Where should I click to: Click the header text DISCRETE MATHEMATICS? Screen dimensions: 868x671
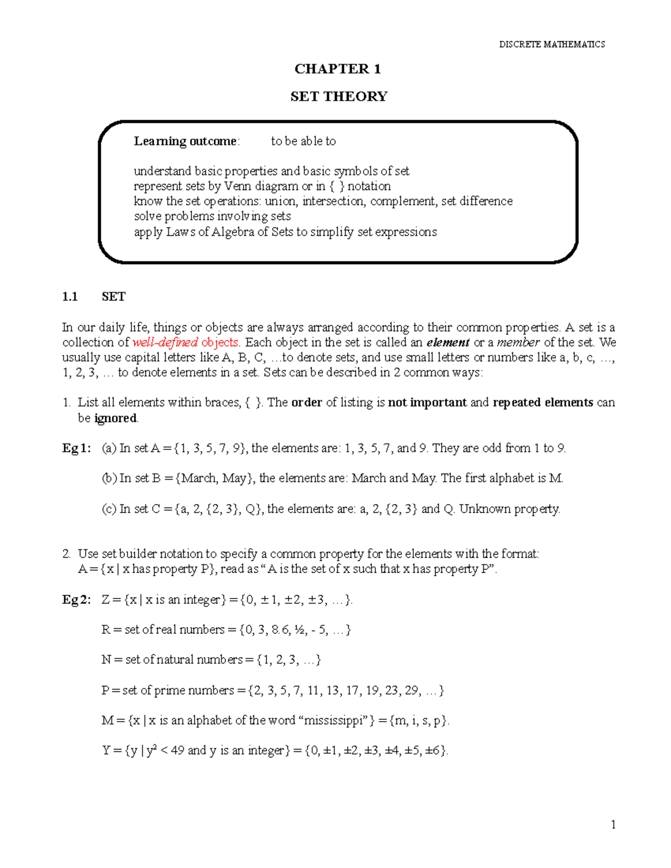pyautogui.click(x=552, y=44)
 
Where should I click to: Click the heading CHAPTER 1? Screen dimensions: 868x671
pyautogui.click(x=338, y=69)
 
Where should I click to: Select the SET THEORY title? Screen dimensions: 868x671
pyautogui.click(x=338, y=97)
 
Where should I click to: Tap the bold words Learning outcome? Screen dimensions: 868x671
pyautogui.click(x=186, y=141)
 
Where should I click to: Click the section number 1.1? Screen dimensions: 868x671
pyautogui.click(x=70, y=297)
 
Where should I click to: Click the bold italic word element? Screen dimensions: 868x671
pyautogui.click(x=448, y=343)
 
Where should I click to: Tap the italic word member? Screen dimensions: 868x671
pyautogui.click(x=518, y=343)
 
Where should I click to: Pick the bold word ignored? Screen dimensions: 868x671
pyautogui.click(x=115, y=419)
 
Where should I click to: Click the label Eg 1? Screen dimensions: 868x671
pyautogui.click(x=76, y=448)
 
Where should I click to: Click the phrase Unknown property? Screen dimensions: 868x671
pyautogui.click(x=509, y=509)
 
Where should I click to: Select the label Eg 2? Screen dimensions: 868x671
pyautogui.click(x=76, y=600)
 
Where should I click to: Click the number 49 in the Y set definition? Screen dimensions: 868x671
pyautogui.click(x=177, y=751)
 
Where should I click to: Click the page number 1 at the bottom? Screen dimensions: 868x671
pyautogui.click(x=613, y=825)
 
